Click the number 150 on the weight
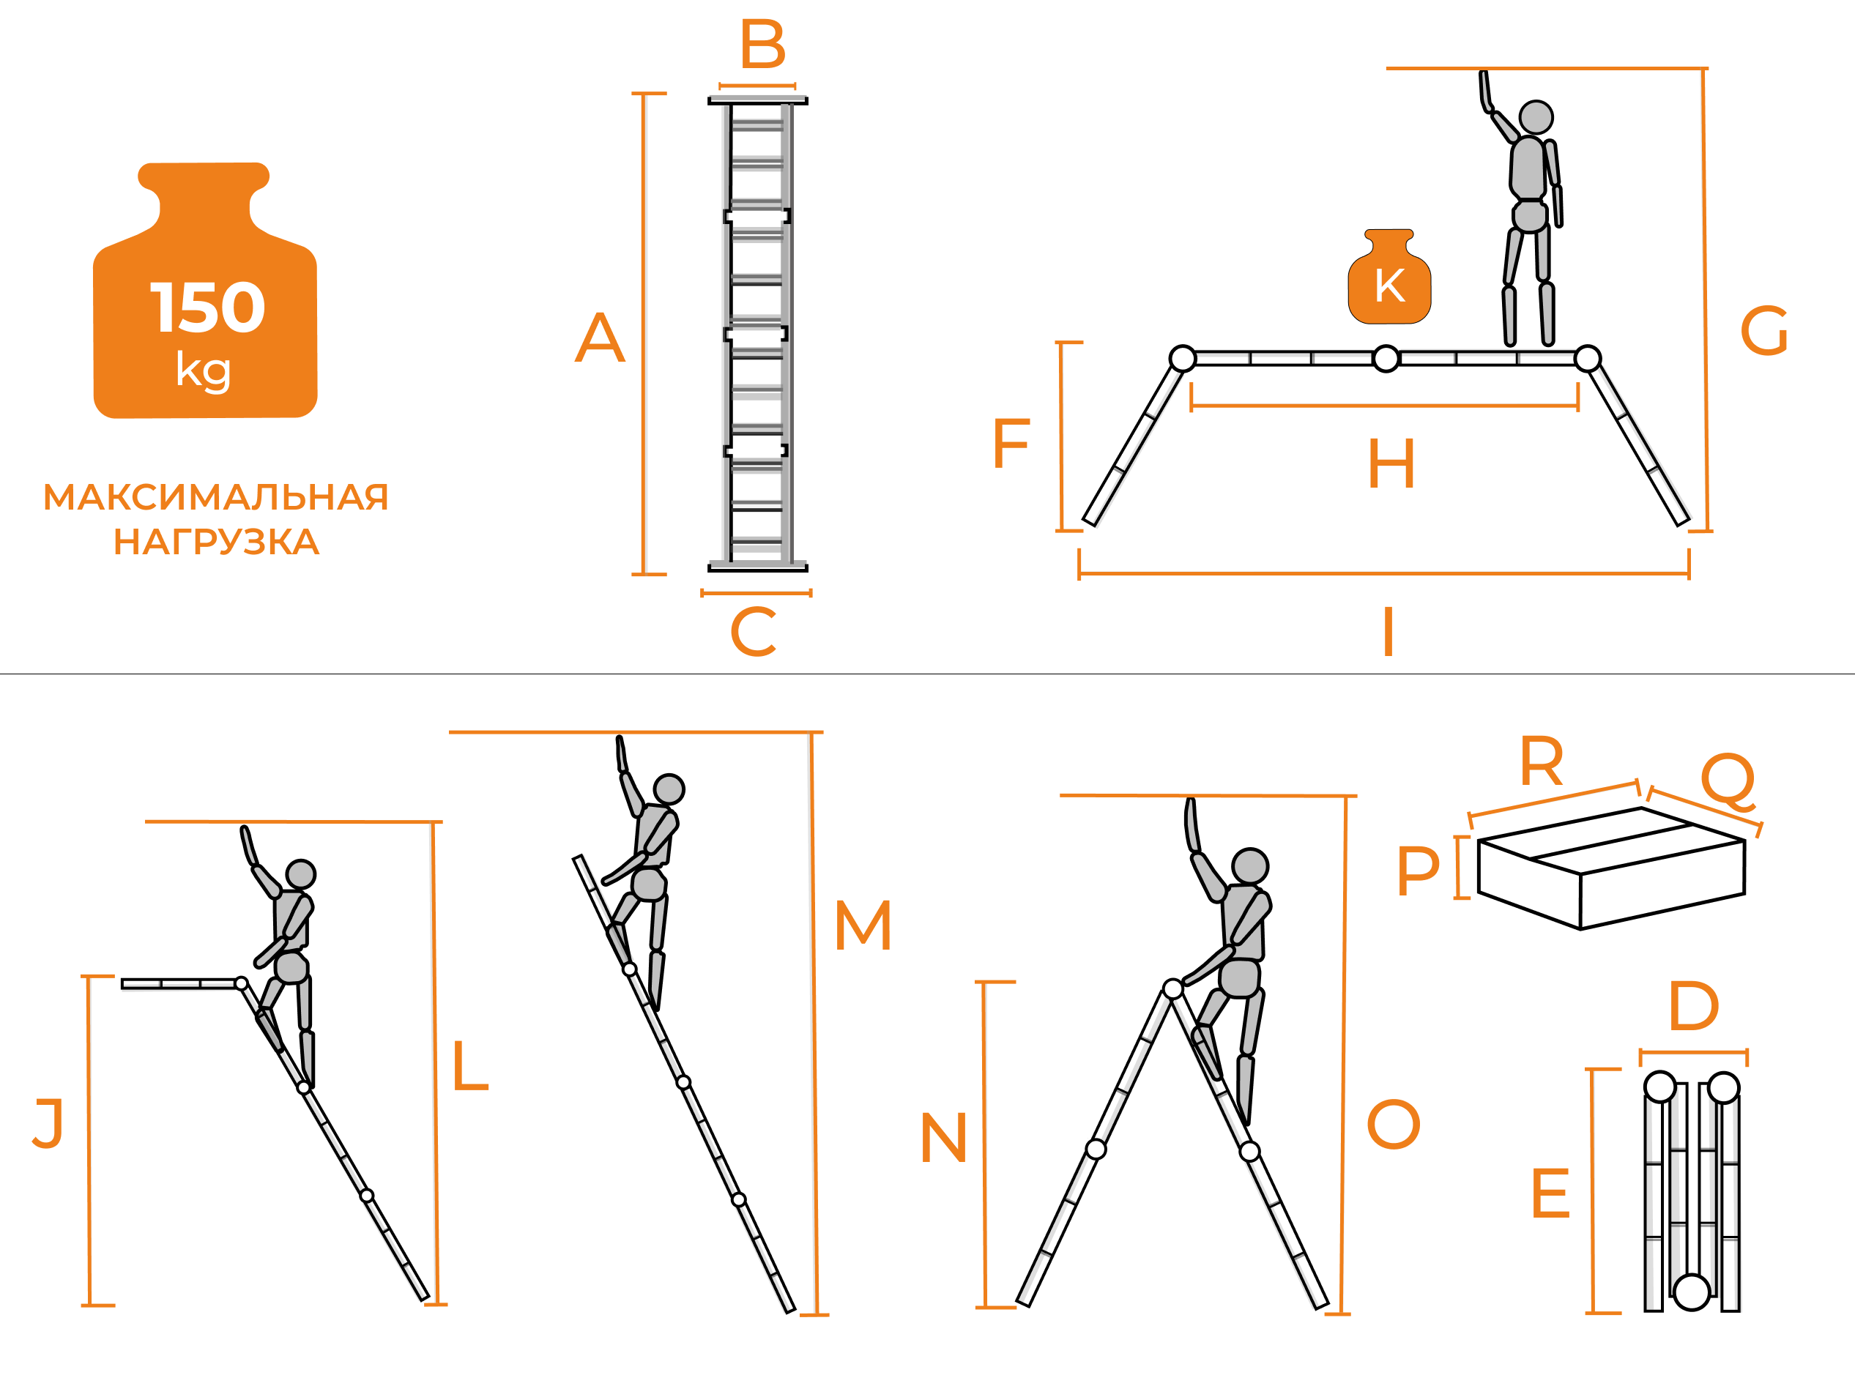pos(207,307)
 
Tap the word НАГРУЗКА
pos(216,542)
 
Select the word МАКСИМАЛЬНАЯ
pos(215,497)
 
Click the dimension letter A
pos(600,338)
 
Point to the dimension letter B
pos(762,45)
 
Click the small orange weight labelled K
pos(1389,277)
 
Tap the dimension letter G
pos(1763,331)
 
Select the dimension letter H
pos(1391,463)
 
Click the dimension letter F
pos(1011,444)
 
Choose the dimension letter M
pos(863,925)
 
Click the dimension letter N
pos(943,1138)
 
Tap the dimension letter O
pos(1394,1125)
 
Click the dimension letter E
pos(1550,1193)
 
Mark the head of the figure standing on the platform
pos(1536,117)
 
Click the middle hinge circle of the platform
pos(1386,358)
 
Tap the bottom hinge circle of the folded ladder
pos(1692,1292)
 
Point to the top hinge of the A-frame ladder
pos(1173,989)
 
